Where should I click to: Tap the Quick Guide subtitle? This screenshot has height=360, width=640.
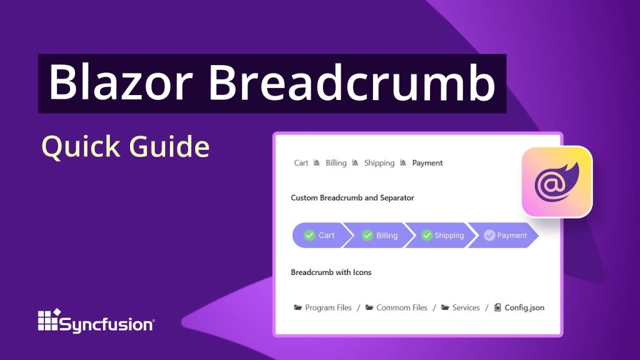pos(125,147)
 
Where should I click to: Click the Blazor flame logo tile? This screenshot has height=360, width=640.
pos(556,181)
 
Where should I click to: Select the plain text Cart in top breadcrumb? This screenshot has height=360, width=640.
pos(301,163)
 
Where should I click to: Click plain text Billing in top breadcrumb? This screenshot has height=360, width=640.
pos(336,163)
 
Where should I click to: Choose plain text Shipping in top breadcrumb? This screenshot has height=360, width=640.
pos(379,163)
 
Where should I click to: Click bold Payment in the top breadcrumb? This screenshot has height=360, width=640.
pos(427,163)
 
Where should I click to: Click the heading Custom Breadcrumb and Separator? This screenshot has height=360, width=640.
pos(352,197)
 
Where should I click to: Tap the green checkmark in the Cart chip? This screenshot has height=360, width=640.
pos(309,236)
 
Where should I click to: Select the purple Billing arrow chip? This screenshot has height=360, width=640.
pos(380,236)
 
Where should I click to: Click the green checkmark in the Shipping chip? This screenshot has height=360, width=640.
pos(427,236)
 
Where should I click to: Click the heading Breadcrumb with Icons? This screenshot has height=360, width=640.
pos(331,272)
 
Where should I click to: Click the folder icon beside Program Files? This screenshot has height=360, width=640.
pos(298,307)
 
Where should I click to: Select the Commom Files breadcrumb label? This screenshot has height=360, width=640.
pos(402,307)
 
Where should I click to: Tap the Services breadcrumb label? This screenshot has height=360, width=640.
pos(466,307)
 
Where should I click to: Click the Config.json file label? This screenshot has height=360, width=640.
pos(524,307)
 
